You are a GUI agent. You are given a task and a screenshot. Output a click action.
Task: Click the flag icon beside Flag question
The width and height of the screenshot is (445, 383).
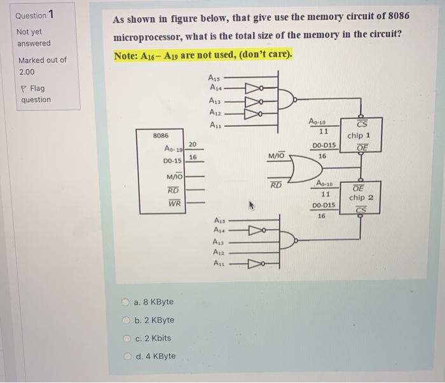(24, 89)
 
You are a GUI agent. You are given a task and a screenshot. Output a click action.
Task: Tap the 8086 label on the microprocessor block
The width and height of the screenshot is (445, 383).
(161, 135)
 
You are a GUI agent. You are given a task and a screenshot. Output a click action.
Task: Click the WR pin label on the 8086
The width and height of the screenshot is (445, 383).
(174, 204)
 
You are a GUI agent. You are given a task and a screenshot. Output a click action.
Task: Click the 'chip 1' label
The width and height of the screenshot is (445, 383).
(359, 135)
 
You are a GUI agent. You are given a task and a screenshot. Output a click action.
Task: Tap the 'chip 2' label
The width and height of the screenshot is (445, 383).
(361, 198)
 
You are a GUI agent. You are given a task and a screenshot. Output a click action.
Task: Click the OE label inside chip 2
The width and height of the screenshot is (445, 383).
(359, 187)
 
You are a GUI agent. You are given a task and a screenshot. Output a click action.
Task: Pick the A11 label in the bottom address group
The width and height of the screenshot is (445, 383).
(219, 263)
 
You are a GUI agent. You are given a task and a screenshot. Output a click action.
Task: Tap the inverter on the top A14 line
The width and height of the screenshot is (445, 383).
(249, 90)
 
